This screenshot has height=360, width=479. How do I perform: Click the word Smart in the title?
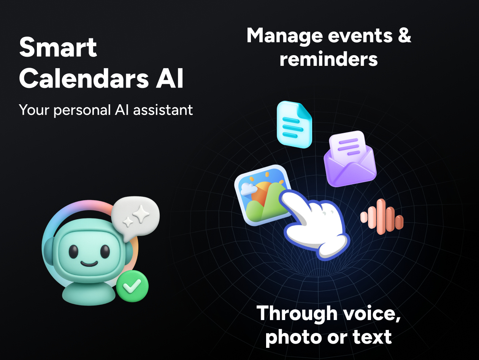(x=58, y=48)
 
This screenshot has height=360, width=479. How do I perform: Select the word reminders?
(x=329, y=59)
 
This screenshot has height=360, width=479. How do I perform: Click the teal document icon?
(x=294, y=124)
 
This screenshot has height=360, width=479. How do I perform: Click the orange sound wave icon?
(x=382, y=217)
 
